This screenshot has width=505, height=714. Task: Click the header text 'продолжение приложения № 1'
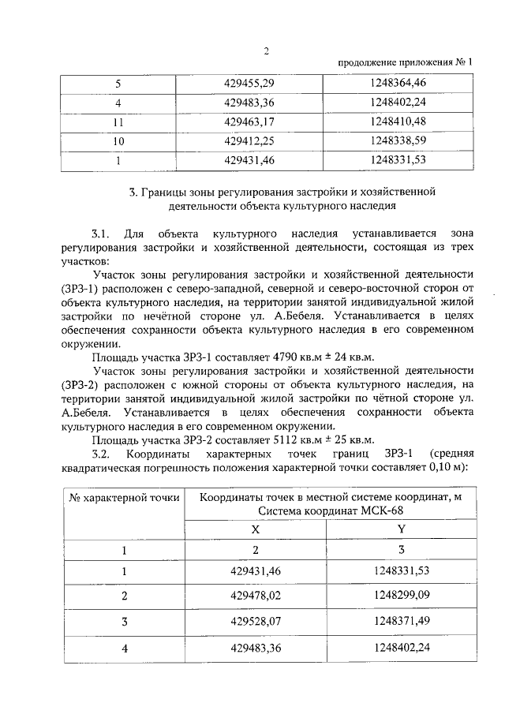tap(405, 62)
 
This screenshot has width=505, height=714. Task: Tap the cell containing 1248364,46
tap(397, 82)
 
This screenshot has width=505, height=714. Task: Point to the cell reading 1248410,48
tap(397, 121)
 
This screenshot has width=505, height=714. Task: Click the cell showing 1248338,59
tap(397, 141)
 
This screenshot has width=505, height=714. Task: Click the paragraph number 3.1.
tap(101, 234)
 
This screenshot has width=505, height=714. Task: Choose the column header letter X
tap(255, 531)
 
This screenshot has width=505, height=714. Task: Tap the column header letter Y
tap(401, 530)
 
